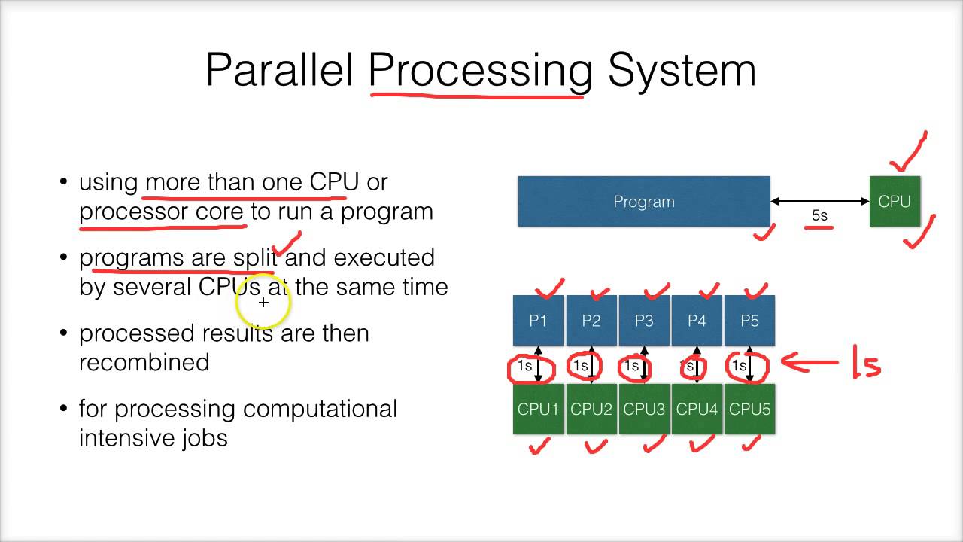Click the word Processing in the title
[x=480, y=71]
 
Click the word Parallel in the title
[x=279, y=71]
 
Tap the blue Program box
[x=643, y=201]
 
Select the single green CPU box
[x=895, y=201]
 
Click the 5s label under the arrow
[x=819, y=216]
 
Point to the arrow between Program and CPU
[x=819, y=201]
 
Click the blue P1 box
[x=538, y=321]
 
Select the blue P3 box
[x=644, y=321]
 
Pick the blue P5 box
[x=749, y=321]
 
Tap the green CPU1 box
[x=538, y=410]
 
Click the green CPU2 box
[x=591, y=410]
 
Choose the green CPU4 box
[x=697, y=410]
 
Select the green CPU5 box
[x=749, y=410]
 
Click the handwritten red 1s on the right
[x=865, y=363]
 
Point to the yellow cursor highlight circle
[x=263, y=303]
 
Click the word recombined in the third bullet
[x=144, y=362]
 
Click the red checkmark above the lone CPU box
[x=908, y=154]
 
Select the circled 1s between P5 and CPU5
[x=747, y=366]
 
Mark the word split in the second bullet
[x=255, y=257]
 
